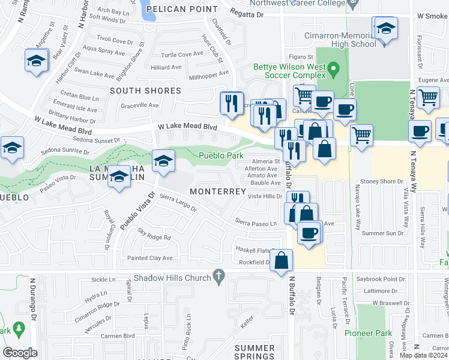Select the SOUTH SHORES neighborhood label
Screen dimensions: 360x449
point(145,91)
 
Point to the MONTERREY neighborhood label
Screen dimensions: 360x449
point(218,191)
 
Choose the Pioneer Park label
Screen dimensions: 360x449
point(368,332)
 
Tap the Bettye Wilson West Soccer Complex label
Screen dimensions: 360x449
point(289,71)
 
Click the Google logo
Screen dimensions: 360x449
point(20,352)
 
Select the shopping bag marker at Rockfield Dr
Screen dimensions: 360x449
point(281,261)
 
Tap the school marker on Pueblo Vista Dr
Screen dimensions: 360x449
point(163,161)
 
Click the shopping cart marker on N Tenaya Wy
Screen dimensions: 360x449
point(427,98)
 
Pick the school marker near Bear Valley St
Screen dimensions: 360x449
point(37,61)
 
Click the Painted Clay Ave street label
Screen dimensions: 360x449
point(149,258)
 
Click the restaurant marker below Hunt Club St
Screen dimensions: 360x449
point(231,103)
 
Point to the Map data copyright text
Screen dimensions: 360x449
point(423,355)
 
